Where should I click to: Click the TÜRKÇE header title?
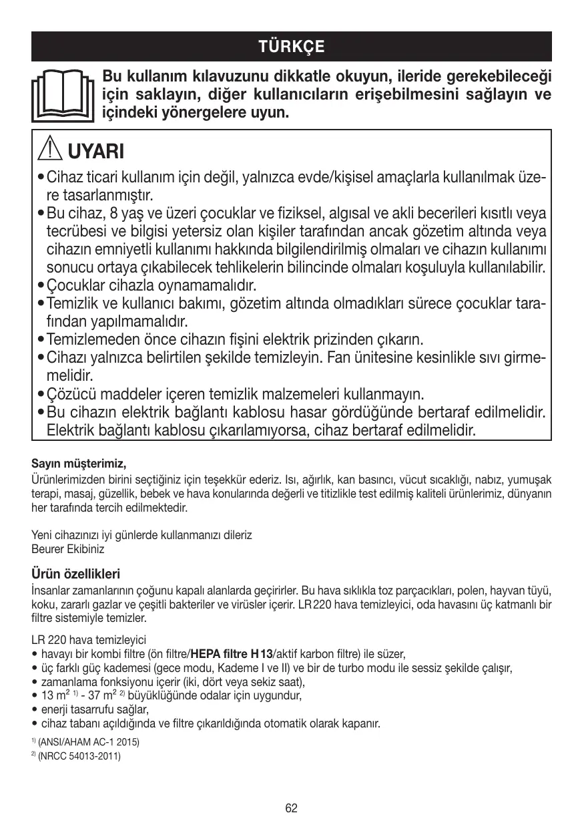292,47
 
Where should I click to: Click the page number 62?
292,808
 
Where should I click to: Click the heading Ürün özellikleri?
75,574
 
